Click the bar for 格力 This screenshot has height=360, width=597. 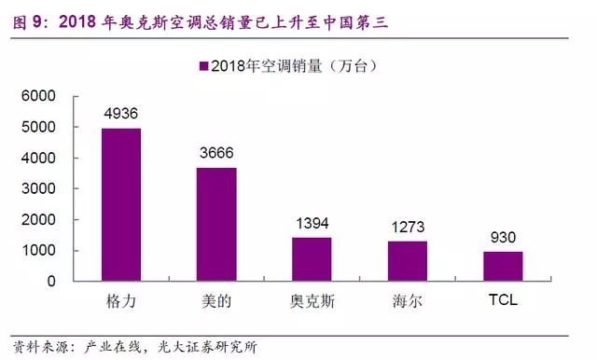pyautogui.click(x=120, y=204)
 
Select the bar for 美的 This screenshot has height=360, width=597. pyautogui.click(x=215, y=224)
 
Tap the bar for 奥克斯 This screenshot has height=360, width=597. pyautogui.click(x=311, y=258)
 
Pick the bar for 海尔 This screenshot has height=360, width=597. pyautogui.click(x=407, y=260)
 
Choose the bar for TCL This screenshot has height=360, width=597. pyautogui.click(x=502, y=266)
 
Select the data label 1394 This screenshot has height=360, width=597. pyautogui.click(x=311, y=225)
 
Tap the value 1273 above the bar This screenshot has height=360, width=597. pyautogui.click(x=407, y=228)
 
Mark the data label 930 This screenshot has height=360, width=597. pyautogui.click(x=502, y=239)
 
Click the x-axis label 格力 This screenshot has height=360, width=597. pyautogui.click(x=120, y=302)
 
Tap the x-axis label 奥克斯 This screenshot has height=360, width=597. pyautogui.click(x=311, y=302)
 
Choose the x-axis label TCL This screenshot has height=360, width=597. pyautogui.click(x=502, y=302)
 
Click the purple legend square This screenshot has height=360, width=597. pyautogui.click(x=202, y=65)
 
